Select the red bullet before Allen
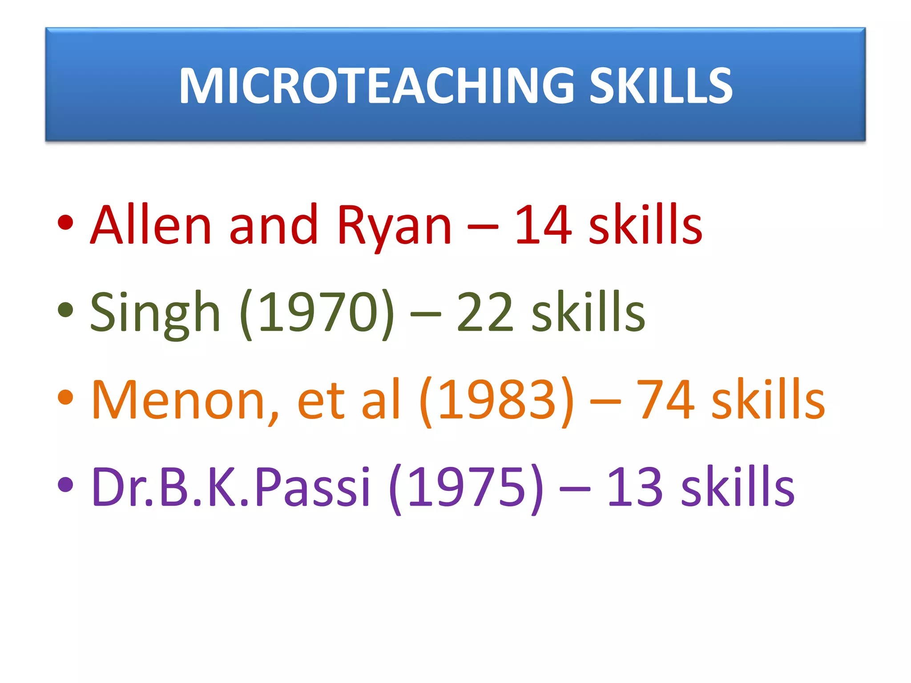pos(65,223)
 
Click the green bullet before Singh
pos(65,310)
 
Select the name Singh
pos(155,312)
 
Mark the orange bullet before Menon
pos(65,397)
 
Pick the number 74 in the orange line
pos(665,399)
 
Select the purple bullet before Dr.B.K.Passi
pos(65,484)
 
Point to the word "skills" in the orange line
pos(768,399)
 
